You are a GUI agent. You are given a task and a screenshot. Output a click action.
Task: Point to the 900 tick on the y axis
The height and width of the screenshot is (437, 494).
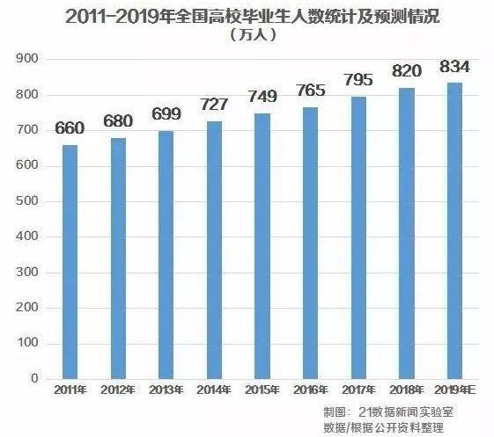[28, 59]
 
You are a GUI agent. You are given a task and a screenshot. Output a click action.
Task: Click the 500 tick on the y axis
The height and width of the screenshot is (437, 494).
[28, 201]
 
